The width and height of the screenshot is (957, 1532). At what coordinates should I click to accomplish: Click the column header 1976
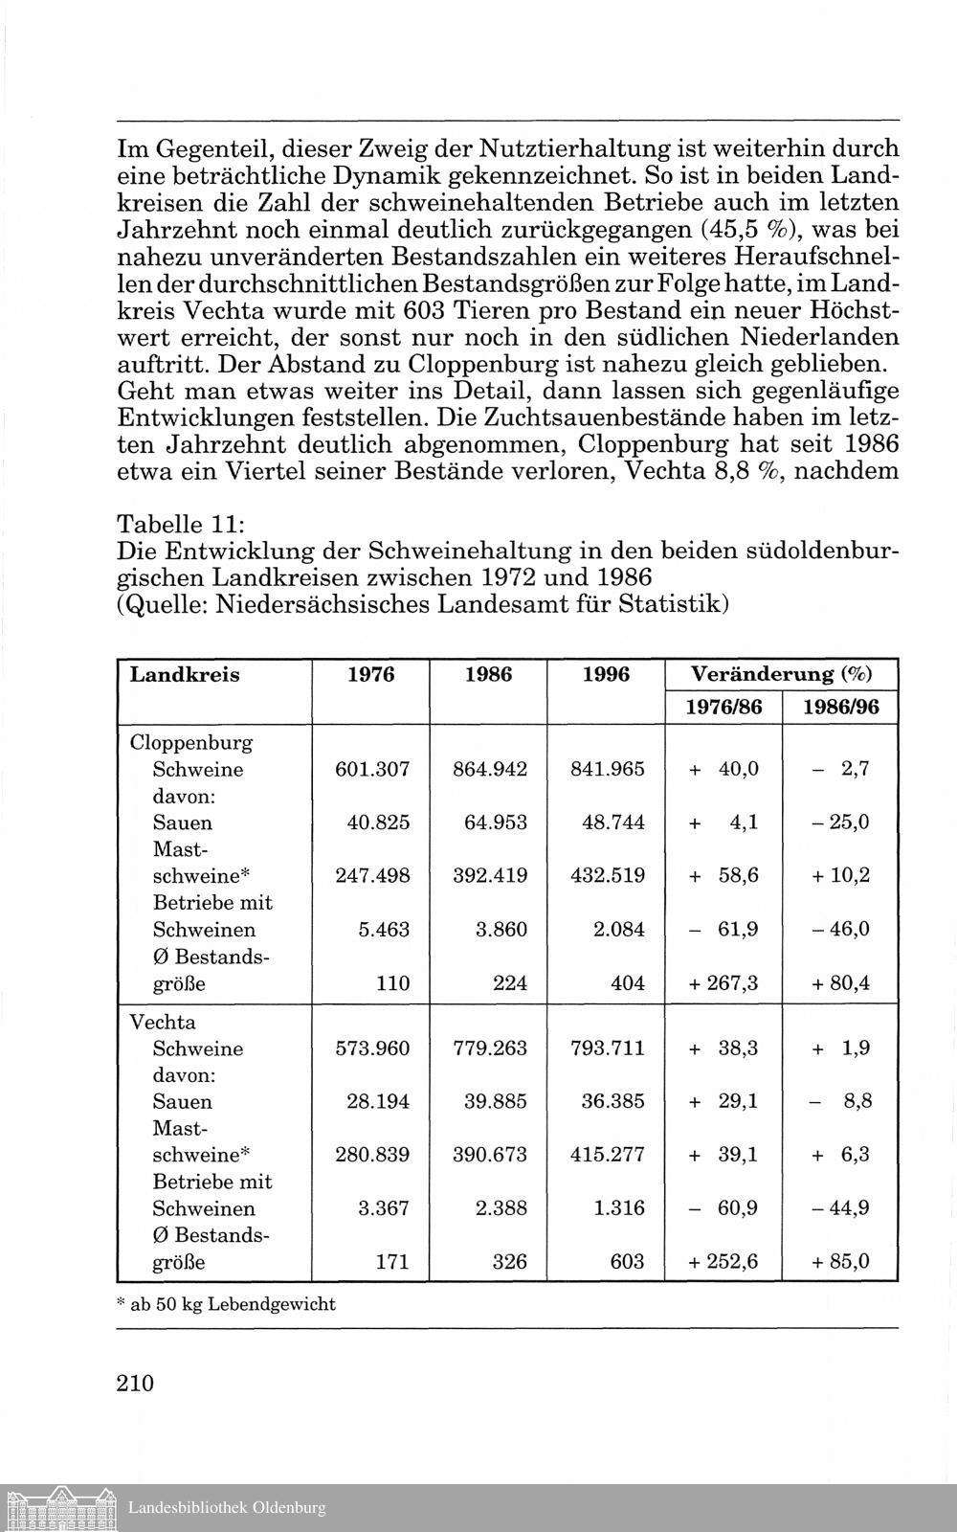(370, 675)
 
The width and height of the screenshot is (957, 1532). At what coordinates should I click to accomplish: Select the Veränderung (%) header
(781, 675)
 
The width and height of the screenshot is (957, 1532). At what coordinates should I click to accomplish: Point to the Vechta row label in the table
(162, 1022)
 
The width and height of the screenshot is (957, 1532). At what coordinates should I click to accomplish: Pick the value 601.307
(372, 770)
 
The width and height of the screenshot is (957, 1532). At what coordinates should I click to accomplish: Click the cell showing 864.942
(490, 770)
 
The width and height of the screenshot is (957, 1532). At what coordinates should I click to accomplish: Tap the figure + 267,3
(723, 983)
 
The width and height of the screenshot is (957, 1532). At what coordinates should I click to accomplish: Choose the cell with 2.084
(619, 930)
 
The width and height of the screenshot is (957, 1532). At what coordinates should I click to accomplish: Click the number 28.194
(378, 1102)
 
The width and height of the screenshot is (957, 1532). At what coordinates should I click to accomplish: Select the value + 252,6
(723, 1262)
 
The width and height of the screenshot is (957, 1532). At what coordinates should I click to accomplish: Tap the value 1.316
(619, 1208)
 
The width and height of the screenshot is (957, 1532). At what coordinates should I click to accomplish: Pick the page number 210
(135, 1383)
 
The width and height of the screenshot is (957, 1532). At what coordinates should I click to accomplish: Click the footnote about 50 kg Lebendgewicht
(226, 1304)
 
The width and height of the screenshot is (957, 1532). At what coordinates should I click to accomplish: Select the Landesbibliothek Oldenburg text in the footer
(227, 1509)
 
